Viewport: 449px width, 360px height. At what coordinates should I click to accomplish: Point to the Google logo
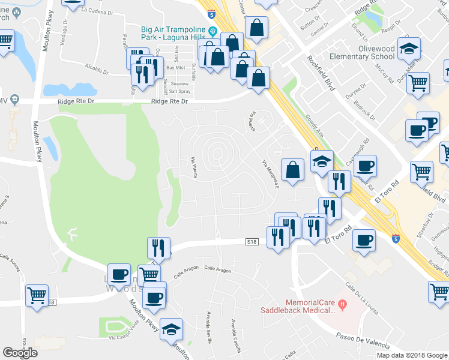(20, 352)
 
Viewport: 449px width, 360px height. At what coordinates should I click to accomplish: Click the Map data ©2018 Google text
(411, 355)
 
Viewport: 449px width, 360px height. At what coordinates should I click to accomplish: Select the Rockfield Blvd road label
(321, 72)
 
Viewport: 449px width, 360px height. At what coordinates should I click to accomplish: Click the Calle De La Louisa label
(360, 294)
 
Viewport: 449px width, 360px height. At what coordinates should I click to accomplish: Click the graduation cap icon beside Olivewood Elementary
(409, 49)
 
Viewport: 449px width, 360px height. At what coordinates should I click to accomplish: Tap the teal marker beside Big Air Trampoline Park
(212, 32)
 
